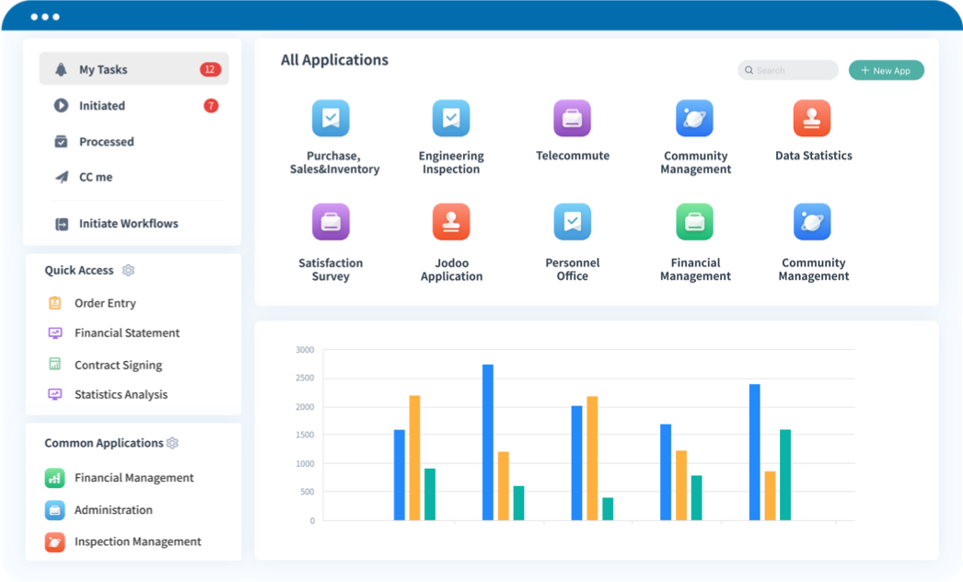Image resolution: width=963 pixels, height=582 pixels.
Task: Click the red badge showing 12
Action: pyautogui.click(x=210, y=70)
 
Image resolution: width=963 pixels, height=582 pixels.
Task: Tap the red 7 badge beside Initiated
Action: pyautogui.click(x=211, y=106)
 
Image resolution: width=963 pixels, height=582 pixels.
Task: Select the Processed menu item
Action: pyautogui.click(x=106, y=142)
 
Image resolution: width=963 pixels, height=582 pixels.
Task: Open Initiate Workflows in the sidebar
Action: pyautogui.click(x=128, y=224)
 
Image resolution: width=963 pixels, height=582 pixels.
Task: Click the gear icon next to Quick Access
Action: pyautogui.click(x=129, y=271)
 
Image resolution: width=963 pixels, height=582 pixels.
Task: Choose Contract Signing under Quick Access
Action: pyautogui.click(x=118, y=366)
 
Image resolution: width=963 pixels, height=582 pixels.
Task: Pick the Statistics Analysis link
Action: pyautogui.click(x=121, y=395)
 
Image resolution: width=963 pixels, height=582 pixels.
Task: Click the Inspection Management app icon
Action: pyautogui.click(x=55, y=541)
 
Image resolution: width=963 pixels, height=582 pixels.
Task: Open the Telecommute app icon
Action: pyautogui.click(x=572, y=119)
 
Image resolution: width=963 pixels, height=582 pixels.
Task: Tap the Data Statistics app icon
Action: pyautogui.click(x=812, y=119)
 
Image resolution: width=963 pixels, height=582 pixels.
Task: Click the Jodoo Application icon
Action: pyautogui.click(x=451, y=222)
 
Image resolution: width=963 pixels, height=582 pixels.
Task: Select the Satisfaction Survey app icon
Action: pyautogui.click(x=331, y=222)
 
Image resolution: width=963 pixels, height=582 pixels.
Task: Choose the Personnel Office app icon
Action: pyautogui.click(x=572, y=222)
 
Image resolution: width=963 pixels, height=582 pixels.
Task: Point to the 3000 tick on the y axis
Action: pyautogui.click(x=305, y=350)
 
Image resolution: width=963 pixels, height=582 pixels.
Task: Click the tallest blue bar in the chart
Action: pyautogui.click(x=488, y=442)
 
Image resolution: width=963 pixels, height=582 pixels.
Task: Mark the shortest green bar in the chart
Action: pyautogui.click(x=608, y=509)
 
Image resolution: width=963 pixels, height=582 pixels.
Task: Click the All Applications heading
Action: pyautogui.click(x=334, y=61)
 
